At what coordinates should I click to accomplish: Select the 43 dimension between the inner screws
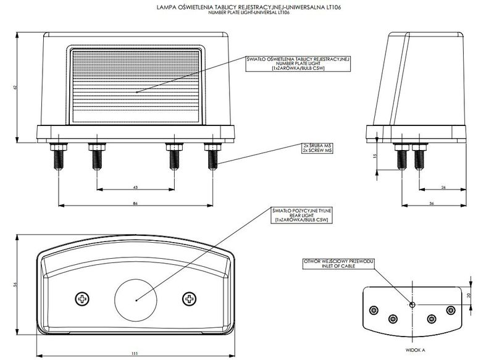(135, 187)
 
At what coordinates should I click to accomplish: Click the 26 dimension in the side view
(443, 187)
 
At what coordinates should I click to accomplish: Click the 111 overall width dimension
(135, 354)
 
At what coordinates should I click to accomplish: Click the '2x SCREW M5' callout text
(317, 151)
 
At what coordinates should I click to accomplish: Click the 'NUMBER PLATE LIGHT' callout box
(298, 62)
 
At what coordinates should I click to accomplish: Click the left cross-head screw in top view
(83, 299)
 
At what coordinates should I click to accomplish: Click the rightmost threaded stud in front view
(212, 157)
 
